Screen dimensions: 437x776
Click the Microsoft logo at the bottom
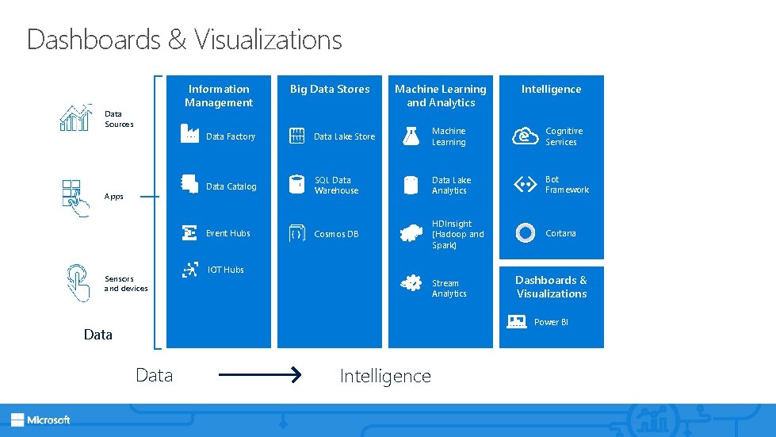pyautogui.click(x=40, y=420)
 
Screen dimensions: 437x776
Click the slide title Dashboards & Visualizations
pyautogui.click(x=184, y=39)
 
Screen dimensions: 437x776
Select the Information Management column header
pyautogui.click(x=219, y=96)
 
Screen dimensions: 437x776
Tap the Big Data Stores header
pyautogui.click(x=330, y=90)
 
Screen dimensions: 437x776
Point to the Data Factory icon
pyautogui.click(x=189, y=135)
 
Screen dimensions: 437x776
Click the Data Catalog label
pyautogui.click(x=231, y=187)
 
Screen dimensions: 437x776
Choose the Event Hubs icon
pyautogui.click(x=189, y=233)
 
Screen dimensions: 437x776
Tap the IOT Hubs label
pyautogui.click(x=226, y=270)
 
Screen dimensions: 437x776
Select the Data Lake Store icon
pyautogui.click(x=297, y=136)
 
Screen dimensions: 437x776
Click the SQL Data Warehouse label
pyautogui.click(x=336, y=186)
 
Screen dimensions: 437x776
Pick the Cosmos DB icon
pyautogui.click(x=296, y=234)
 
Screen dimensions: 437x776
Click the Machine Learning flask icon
pyautogui.click(x=411, y=136)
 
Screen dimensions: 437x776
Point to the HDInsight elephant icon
pyautogui.click(x=411, y=233)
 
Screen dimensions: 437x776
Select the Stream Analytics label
pyautogui.click(x=449, y=289)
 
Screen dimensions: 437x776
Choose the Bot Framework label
pyautogui.click(x=567, y=185)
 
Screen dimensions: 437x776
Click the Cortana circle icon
pyautogui.click(x=525, y=233)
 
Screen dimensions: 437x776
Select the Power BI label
pyautogui.click(x=551, y=322)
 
